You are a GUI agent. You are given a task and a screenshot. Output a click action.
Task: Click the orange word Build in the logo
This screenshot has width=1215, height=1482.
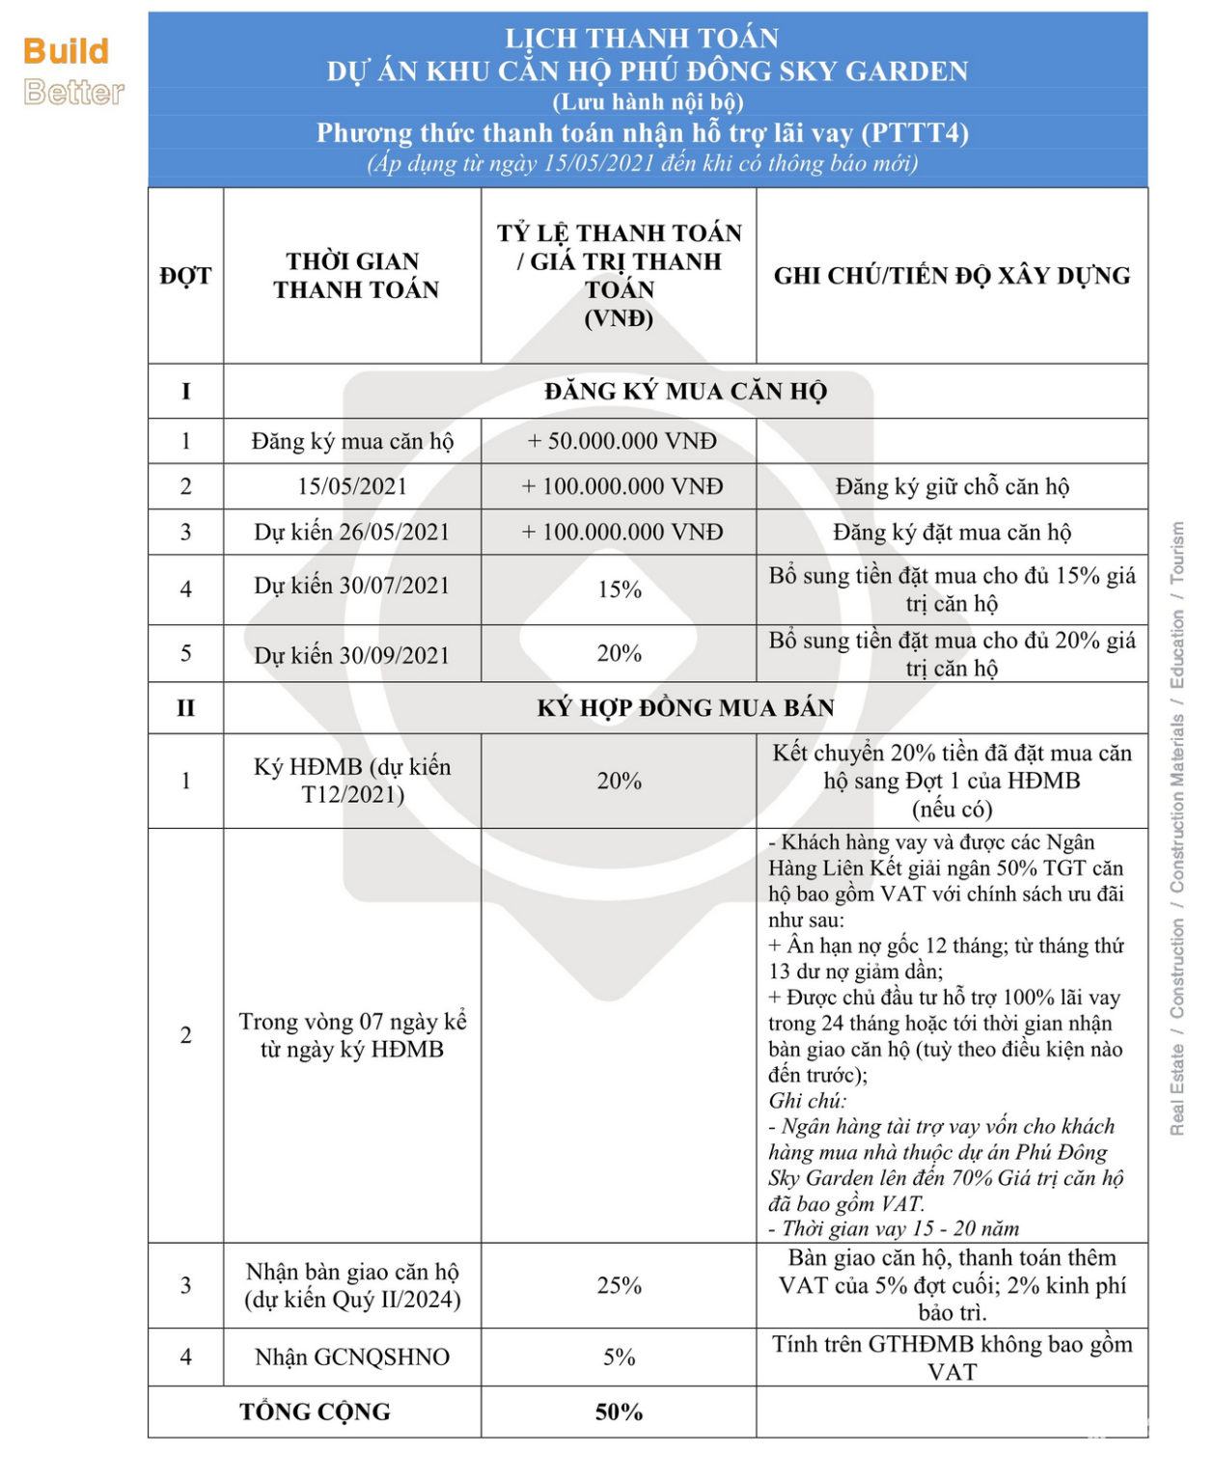[66, 51]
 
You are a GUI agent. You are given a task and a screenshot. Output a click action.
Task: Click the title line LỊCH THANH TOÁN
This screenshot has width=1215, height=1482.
[642, 39]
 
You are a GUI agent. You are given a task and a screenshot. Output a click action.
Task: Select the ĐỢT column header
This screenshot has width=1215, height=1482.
[185, 276]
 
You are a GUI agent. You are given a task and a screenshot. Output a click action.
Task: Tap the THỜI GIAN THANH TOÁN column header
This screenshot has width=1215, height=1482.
[354, 276]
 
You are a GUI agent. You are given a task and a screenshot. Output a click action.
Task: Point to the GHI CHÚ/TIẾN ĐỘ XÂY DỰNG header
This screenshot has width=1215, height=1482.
[952, 276]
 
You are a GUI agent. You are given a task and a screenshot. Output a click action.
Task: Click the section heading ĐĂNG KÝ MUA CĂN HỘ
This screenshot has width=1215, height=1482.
[685, 392]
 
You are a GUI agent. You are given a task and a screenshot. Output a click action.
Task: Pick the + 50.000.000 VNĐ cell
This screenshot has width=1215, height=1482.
[621, 442]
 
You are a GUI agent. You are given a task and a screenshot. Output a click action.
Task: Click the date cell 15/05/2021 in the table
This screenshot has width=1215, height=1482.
[352, 486]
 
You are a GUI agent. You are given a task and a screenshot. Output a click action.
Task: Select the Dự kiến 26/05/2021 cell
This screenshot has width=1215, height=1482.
[352, 533]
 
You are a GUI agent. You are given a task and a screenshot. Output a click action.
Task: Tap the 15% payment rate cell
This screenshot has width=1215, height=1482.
[620, 590]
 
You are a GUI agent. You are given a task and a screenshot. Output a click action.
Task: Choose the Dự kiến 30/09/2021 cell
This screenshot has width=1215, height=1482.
[352, 655]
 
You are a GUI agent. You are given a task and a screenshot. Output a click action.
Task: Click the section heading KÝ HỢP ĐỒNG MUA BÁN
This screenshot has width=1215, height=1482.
[685, 708]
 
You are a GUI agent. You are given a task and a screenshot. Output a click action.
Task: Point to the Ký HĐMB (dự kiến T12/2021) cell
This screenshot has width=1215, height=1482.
[352, 781]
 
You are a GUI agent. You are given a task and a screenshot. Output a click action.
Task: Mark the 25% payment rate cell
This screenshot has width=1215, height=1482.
[620, 1285]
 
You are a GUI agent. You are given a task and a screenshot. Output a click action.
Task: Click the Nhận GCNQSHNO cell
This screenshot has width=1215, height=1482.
[352, 1358]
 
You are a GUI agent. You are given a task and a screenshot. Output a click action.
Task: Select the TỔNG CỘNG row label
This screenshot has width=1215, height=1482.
[315, 1413]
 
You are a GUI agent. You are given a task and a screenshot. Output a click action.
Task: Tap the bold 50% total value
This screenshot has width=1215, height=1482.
[620, 1413]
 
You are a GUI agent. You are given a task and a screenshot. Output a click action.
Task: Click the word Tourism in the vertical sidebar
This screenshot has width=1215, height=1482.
[1177, 553]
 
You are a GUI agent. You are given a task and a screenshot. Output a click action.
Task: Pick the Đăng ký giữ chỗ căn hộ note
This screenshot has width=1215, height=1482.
[952, 487]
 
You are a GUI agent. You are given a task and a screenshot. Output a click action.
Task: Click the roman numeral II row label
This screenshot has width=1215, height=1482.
[185, 708]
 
